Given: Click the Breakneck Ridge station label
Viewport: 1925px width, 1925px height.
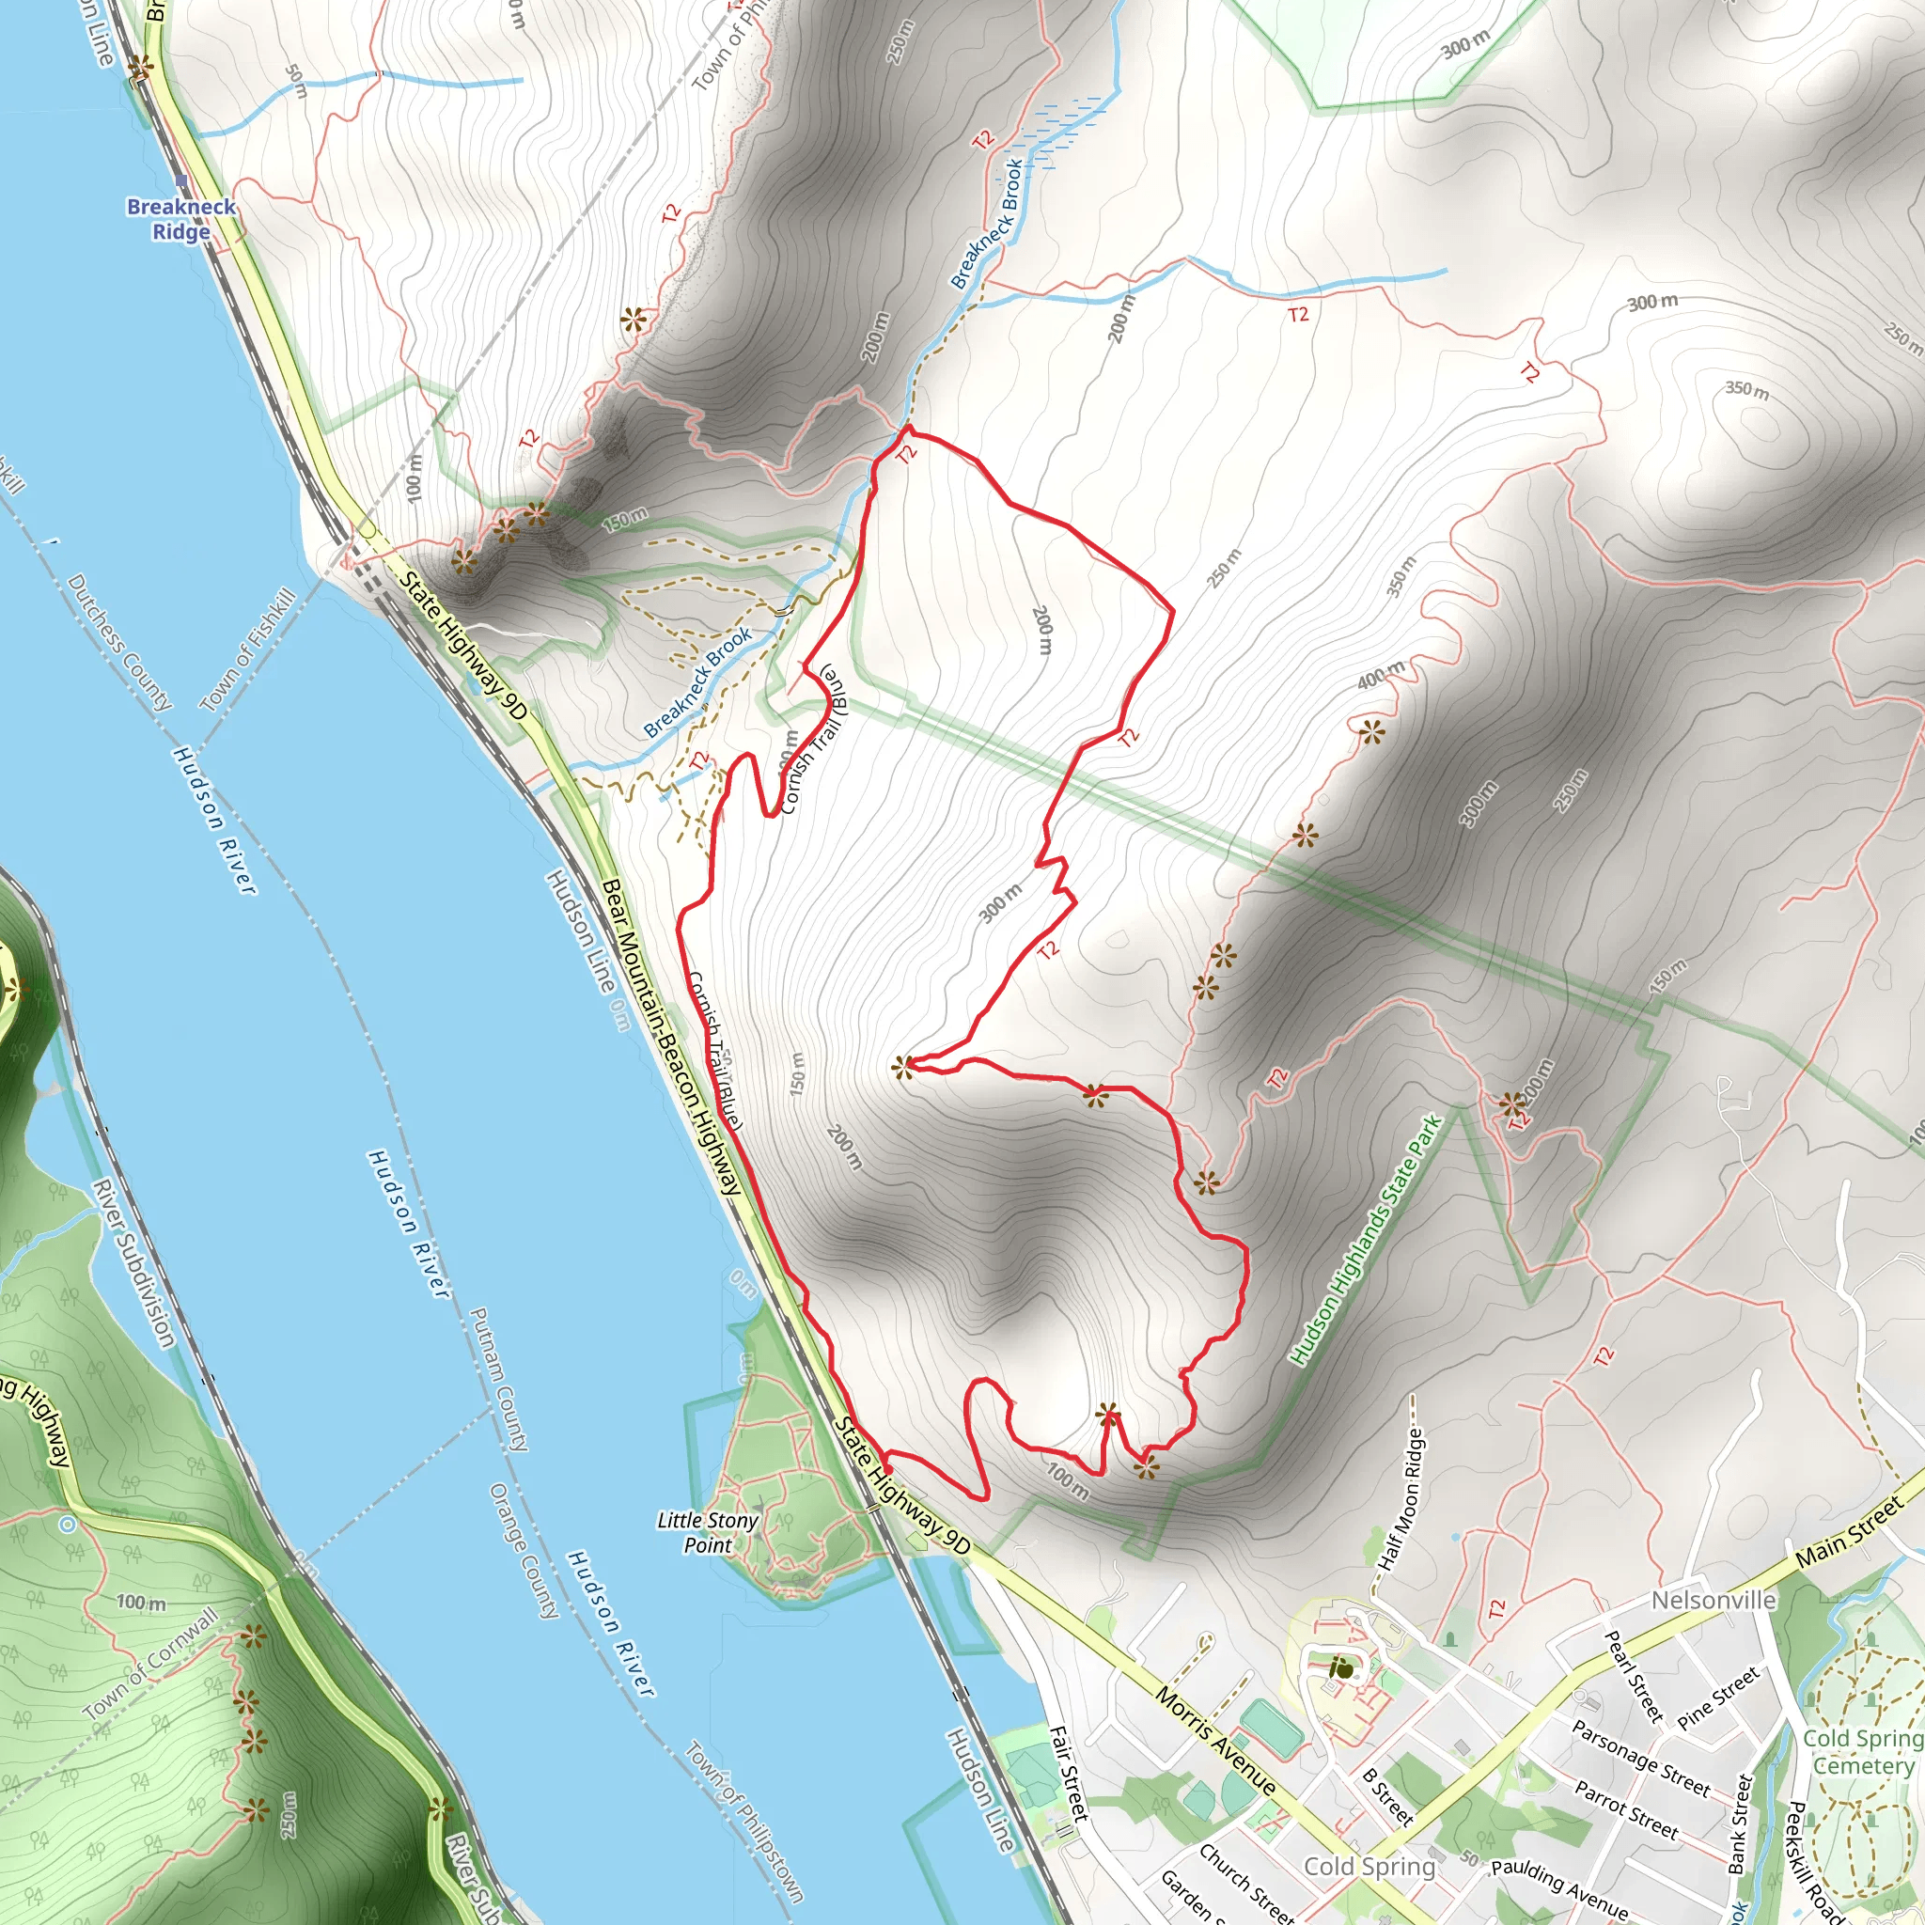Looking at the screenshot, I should (x=181, y=218).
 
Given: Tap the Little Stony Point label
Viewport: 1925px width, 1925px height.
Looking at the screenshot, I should (x=708, y=1532).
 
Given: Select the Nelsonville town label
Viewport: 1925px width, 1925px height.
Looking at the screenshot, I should (x=1714, y=1600).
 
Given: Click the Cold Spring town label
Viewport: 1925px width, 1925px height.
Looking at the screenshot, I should (x=1369, y=1865).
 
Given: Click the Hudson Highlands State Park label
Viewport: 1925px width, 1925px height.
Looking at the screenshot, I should (x=1366, y=1241).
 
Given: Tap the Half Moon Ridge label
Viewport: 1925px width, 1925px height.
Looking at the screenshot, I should (x=1400, y=1498).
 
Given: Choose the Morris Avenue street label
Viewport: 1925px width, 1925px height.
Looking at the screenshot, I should (x=1214, y=1738).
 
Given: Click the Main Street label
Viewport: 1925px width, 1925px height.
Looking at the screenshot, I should (x=1849, y=1536).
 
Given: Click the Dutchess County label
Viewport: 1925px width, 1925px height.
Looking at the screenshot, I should (x=119, y=643).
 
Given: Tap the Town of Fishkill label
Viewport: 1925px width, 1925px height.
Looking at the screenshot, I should (x=249, y=649).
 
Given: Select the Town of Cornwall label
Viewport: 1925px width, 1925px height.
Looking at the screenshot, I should (x=150, y=1664).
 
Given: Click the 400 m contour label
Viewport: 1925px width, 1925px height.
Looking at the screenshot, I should (x=1381, y=676).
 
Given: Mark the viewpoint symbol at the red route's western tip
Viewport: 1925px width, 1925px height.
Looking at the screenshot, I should (x=902, y=1068).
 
